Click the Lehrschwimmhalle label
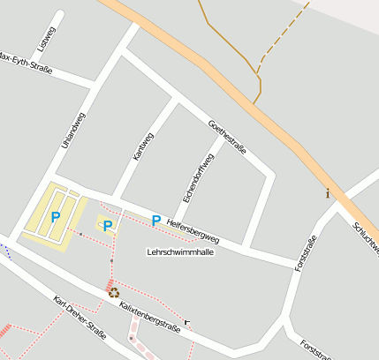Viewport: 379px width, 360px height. point(179,251)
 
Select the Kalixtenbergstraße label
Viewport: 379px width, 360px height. point(149,316)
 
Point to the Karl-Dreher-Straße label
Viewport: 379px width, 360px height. point(80,318)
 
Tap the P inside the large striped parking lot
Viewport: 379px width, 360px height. point(55,216)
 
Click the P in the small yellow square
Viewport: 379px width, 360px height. point(108,226)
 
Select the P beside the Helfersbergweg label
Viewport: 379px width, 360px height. point(156,221)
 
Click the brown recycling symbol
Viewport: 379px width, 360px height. point(114,293)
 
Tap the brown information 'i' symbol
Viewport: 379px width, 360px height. point(328,193)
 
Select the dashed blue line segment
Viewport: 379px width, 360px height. point(6,249)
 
